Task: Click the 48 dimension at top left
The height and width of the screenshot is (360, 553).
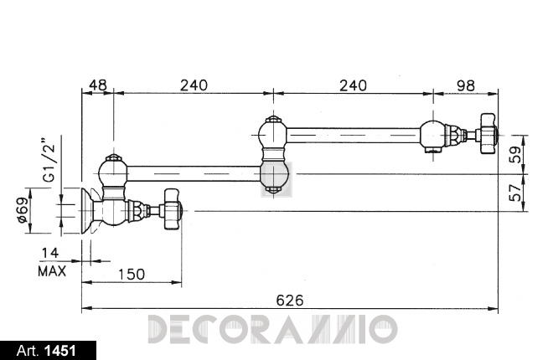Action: point(98,85)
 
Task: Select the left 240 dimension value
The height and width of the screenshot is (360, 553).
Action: point(194,85)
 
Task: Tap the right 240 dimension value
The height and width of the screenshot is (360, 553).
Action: point(353,85)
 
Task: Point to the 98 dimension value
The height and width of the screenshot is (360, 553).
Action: point(466,85)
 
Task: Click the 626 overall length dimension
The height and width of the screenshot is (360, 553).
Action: point(290,301)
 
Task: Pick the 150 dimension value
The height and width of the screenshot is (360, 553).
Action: point(131,275)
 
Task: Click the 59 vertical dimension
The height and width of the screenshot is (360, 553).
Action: point(515,154)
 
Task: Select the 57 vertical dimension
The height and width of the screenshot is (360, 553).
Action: point(515,193)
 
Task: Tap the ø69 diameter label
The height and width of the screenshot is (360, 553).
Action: point(22,210)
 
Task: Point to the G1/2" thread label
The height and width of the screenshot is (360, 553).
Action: point(49,159)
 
